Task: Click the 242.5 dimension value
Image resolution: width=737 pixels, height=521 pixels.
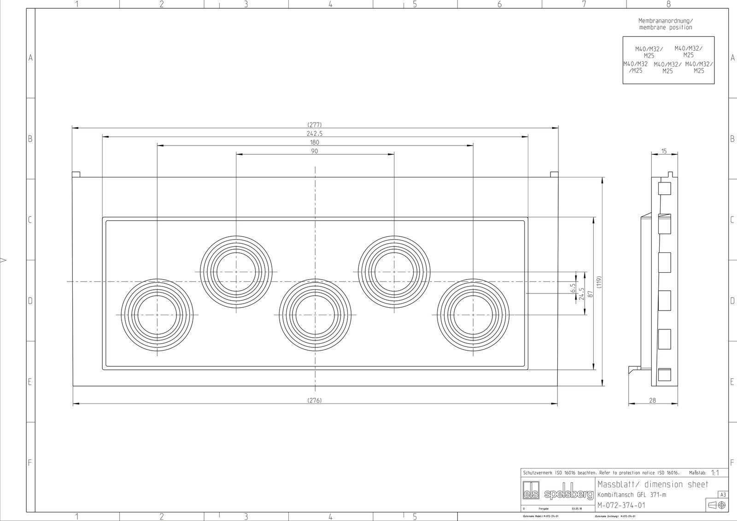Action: [x=314, y=134]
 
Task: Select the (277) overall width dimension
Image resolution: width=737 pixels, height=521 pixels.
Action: [x=314, y=125]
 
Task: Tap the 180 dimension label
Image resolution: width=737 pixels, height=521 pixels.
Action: [x=314, y=142]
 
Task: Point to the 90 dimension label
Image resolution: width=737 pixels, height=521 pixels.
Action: [x=314, y=151]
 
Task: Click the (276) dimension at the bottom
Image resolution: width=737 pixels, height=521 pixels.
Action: [x=314, y=400]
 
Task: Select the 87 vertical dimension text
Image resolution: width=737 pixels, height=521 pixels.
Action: [x=590, y=293]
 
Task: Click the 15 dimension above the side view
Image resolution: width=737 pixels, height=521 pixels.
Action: [x=664, y=151]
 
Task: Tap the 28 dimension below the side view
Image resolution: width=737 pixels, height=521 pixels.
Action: [x=652, y=400]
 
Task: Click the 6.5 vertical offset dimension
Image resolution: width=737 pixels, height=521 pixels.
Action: [x=573, y=288]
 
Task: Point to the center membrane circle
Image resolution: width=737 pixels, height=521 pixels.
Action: [x=315, y=315]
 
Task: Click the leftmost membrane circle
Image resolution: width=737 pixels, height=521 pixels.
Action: [x=157, y=315]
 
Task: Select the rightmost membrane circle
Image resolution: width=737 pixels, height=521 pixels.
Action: [x=473, y=315]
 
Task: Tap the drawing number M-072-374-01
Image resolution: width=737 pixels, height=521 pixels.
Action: [x=621, y=505]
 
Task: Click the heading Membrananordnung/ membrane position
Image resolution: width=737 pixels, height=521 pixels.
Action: [x=665, y=24]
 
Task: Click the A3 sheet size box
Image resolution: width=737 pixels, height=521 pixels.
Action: [x=723, y=495]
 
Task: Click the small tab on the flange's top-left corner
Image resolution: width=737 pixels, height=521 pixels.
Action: [x=76, y=175]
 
